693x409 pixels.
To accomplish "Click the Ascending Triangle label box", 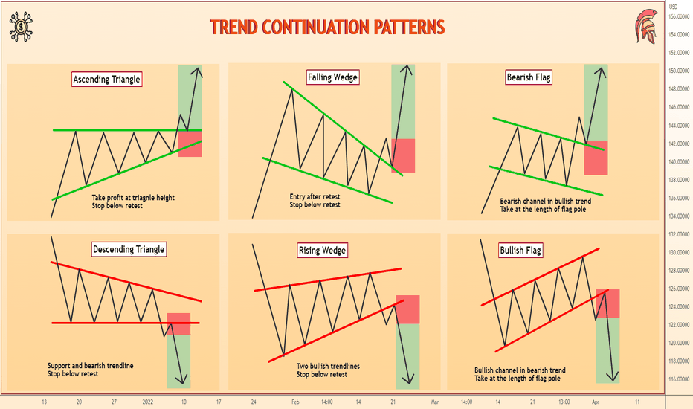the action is (107, 79).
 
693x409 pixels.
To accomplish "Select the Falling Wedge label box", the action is (333, 77).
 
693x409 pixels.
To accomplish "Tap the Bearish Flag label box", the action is (529, 77).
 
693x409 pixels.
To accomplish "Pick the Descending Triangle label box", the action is (129, 249).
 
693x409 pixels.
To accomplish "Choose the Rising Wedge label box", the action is (322, 251).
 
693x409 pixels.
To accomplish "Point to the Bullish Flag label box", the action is (520, 251).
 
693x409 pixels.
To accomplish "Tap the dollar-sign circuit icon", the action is (21, 27).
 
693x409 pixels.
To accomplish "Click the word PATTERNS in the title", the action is (409, 27).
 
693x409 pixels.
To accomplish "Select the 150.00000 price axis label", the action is (679, 71).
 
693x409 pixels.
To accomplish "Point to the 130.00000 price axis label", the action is (679, 253).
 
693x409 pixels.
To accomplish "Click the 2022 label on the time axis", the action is (148, 402).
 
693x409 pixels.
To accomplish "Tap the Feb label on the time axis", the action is (295, 402).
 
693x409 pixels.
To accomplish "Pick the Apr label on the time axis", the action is (596, 402).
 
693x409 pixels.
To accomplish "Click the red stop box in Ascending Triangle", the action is (190, 144).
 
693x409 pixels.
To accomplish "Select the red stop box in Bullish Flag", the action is (607, 303).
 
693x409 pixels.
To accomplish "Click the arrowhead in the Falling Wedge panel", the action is (409, 70).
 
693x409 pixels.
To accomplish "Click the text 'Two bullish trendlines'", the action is (328, 366).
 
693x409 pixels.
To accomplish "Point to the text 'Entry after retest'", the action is (315, 197).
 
